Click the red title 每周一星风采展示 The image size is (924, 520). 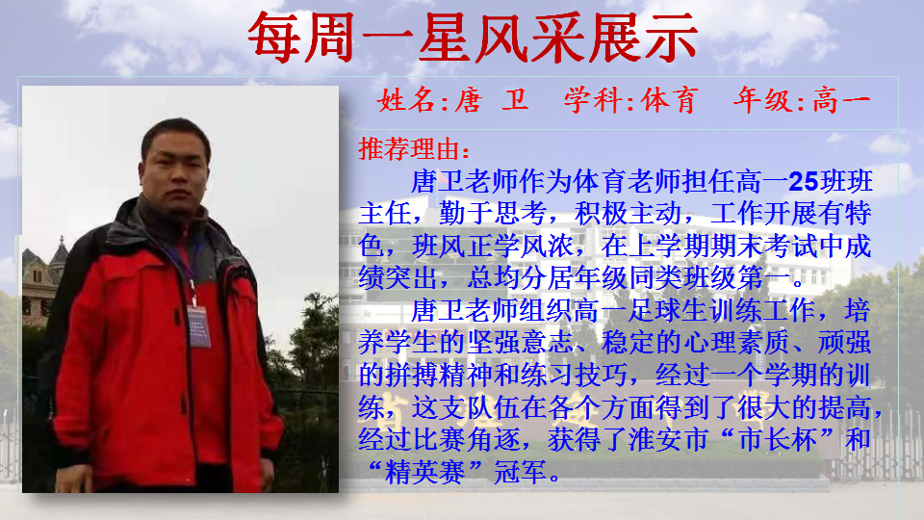point(473,38)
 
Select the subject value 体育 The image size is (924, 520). point(669,99)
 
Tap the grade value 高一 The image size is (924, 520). point(841,99)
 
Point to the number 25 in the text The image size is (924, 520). point(805,182)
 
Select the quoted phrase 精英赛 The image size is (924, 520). point(424,472)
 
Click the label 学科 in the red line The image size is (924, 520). point(592,99)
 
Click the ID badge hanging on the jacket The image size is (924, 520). point(198,326)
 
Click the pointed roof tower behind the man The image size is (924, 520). point(60,254)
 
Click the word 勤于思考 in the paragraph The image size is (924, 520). point(493,214)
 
